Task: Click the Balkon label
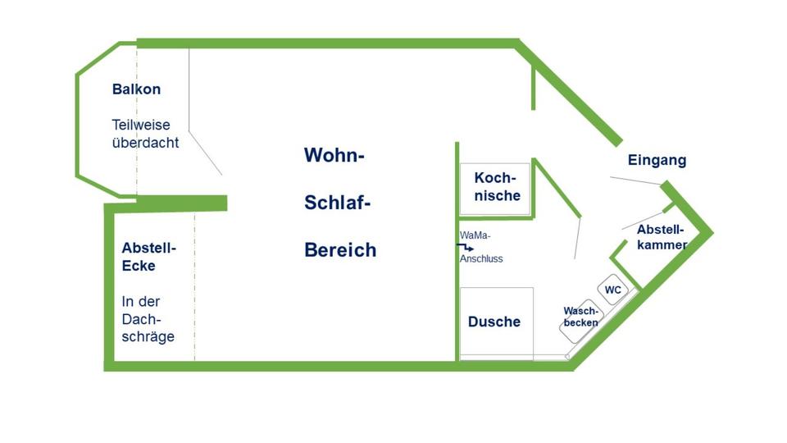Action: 136,89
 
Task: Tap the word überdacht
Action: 145,142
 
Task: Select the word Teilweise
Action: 141,125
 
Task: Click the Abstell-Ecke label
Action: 149,256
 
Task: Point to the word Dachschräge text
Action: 148,328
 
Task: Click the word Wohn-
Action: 334,155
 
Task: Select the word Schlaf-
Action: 337,203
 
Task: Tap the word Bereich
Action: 340,250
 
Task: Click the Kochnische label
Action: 497,187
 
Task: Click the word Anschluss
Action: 481,258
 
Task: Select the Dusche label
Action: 494,322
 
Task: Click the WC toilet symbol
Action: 613,290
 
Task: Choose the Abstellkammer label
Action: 662,236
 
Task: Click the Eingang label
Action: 657,160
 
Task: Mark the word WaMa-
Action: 475,235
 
